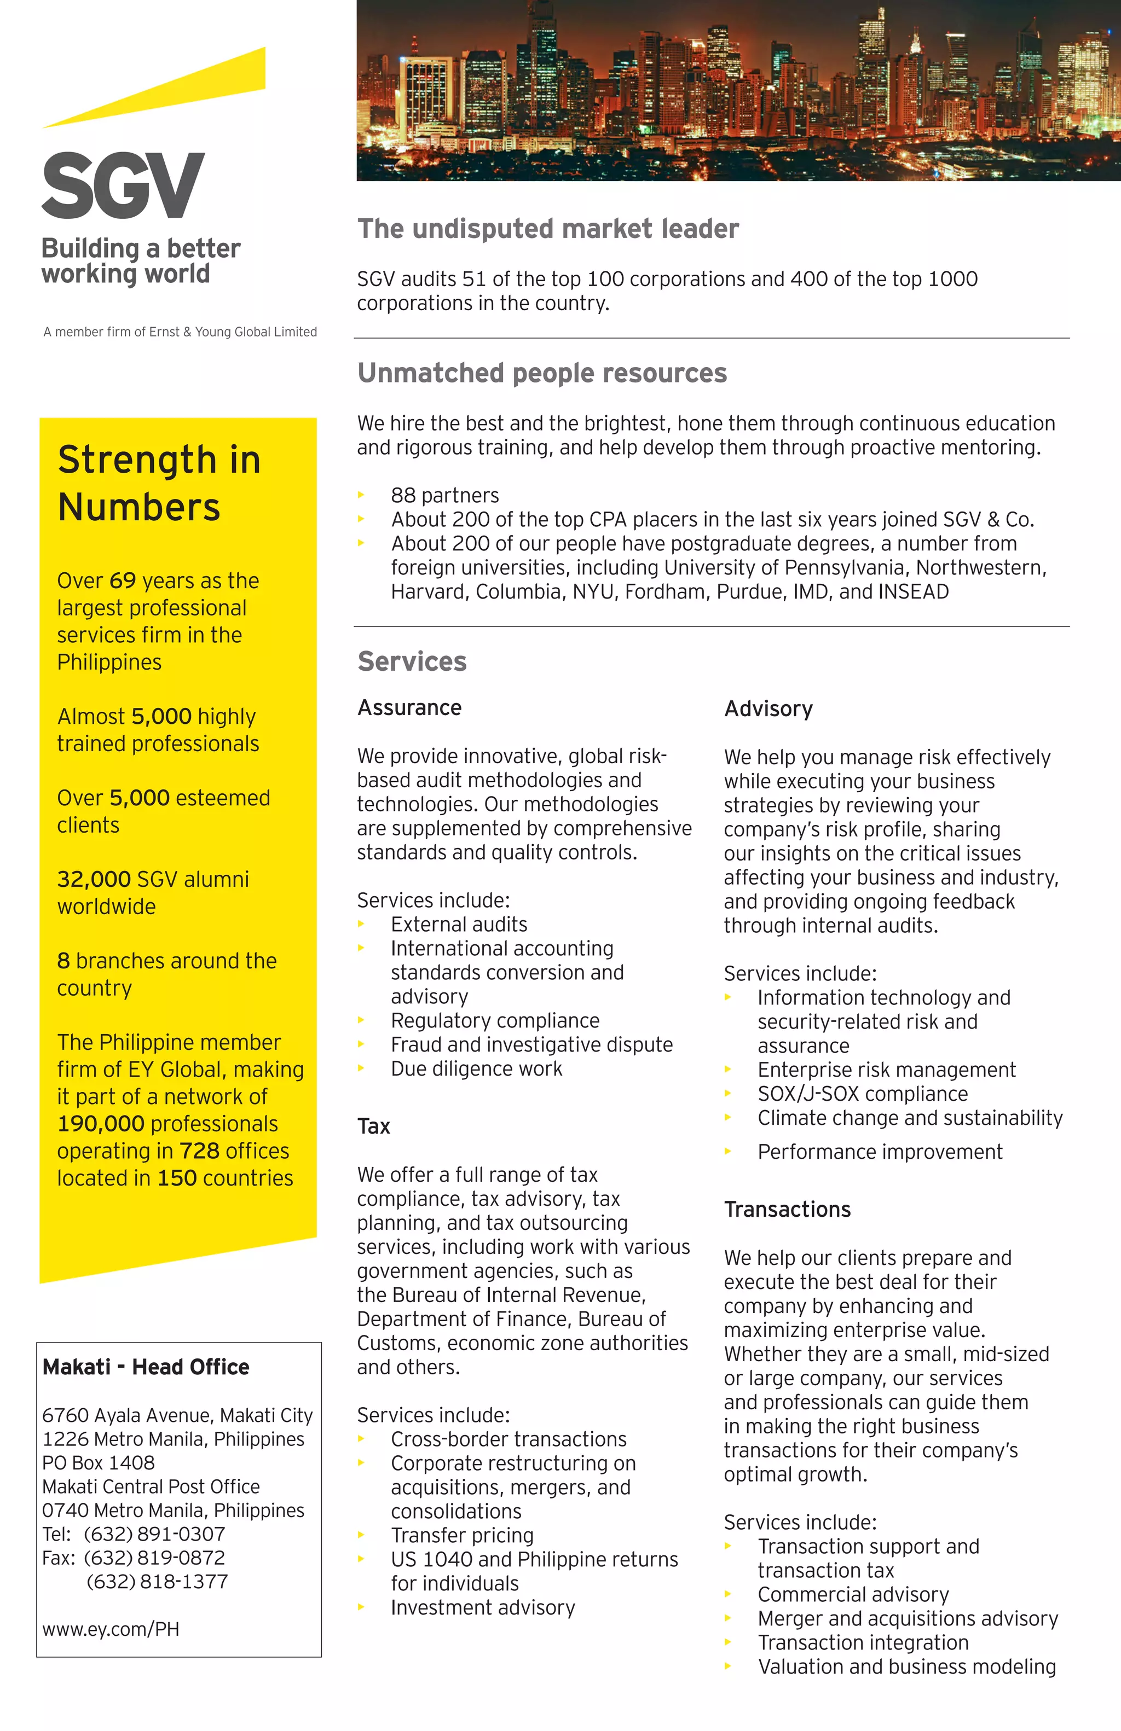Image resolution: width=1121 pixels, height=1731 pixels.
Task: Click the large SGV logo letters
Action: pyautogui.click(x=123, y=185)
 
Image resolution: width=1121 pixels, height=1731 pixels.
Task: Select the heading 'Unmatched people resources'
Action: pyautogui.click(x=542, y=373)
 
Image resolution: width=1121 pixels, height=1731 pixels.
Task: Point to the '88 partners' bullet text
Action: pyautogui.click(x=444, y=495)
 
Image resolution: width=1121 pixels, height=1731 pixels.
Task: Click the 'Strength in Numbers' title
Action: pyautogui.click(x=159, y=483)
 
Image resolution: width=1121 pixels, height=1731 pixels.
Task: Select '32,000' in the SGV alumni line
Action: pyautogui.click(x=94, y=879)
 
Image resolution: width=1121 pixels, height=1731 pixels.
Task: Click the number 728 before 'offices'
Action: pyautogui.click(x=199, y=1151)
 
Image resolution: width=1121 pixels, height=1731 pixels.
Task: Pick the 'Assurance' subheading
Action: pyautogui.click(x=409, y=708)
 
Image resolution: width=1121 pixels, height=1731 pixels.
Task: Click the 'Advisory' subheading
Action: pyautogui.click(x=768, y=709)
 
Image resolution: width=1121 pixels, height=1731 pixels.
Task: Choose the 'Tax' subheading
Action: pyautogui.click(x=374, y=1126)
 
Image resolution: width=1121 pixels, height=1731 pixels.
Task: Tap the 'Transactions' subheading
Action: pyautogui.click(x=787, y=1210)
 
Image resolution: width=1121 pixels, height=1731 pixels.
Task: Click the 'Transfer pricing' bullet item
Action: pyautogui.click(x=462, y=1535)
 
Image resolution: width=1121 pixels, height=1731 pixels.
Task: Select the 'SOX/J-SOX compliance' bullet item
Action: pyautogui.click(x=862, y=1094)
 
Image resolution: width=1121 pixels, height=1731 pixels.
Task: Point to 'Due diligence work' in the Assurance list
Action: pyautogui.click(x=476, y=1068)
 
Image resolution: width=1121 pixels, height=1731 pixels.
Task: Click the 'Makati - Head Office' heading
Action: pyautogui.click(x=146, y=1367)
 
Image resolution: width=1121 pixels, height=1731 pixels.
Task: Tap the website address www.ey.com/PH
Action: pyautogui.click(x=111, y=1629)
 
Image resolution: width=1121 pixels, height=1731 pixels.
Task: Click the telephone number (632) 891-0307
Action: pyautogui.click(x=154, y=1534)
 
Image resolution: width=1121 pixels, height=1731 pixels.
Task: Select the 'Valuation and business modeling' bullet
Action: pyautogui.click(x=906, y=1666)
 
